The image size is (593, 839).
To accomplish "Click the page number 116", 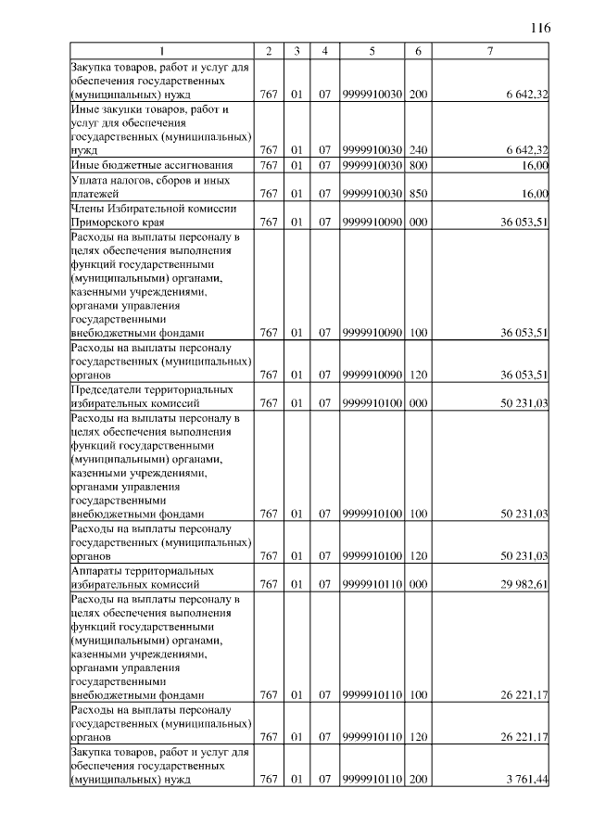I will click(x=540, y=28).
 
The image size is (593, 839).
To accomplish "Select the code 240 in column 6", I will click(x=418, y=150).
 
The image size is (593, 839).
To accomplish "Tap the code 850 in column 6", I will click(x=418, y=194).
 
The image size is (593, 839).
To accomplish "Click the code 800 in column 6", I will click(x=418, y=165).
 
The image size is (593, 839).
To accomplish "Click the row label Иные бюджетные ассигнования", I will click(x=136, y=165).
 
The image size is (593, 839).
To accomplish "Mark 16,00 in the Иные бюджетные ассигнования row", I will click(x=535, y=165).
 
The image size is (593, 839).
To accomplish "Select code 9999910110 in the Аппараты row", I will click(x=371, y=585).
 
